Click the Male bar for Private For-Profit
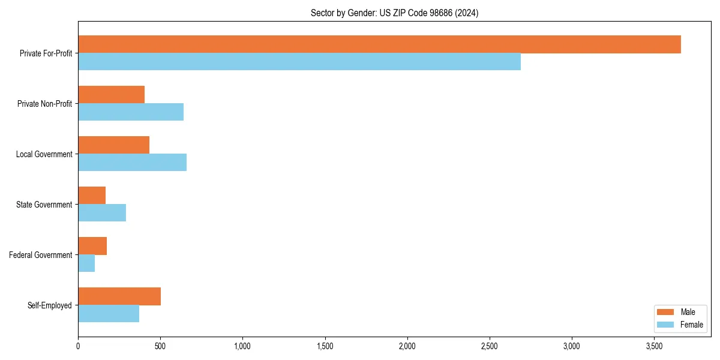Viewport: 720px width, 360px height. click(379, 44)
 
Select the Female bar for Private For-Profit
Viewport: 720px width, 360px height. click(299, 62)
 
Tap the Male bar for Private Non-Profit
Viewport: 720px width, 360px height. click(111, 95)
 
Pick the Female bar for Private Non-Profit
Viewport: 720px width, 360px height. click(131, 112)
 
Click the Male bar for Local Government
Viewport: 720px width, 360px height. click(113, 145)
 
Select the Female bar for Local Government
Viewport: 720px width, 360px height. click(132, 163)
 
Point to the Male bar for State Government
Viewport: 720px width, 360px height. click(92, 196)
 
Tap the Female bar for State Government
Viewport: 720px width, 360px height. click(102, 213)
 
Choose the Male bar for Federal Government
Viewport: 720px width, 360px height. click(92, 246)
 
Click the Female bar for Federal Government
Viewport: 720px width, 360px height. click(86, 263)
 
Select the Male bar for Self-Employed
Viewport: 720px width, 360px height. click(119, 296)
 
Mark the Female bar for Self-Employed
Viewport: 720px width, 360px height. click(109, 314)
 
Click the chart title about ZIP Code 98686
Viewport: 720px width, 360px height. click(394, 13)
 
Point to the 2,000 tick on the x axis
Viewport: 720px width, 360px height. click(407, 346)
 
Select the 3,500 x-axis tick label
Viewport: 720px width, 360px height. click(654, 346)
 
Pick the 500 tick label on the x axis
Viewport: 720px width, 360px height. click(160, 346)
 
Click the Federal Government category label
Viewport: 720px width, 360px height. click(41, 255)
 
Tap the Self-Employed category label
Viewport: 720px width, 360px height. click(50, 305)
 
